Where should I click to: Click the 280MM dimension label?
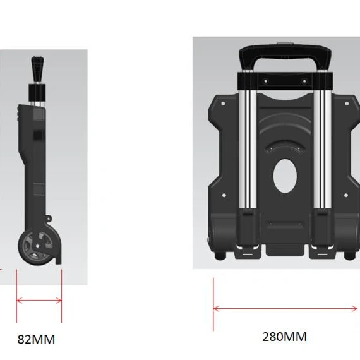click(284, 337)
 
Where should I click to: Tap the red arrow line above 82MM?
click(39, 301)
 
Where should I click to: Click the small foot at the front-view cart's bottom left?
click(220, 256)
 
